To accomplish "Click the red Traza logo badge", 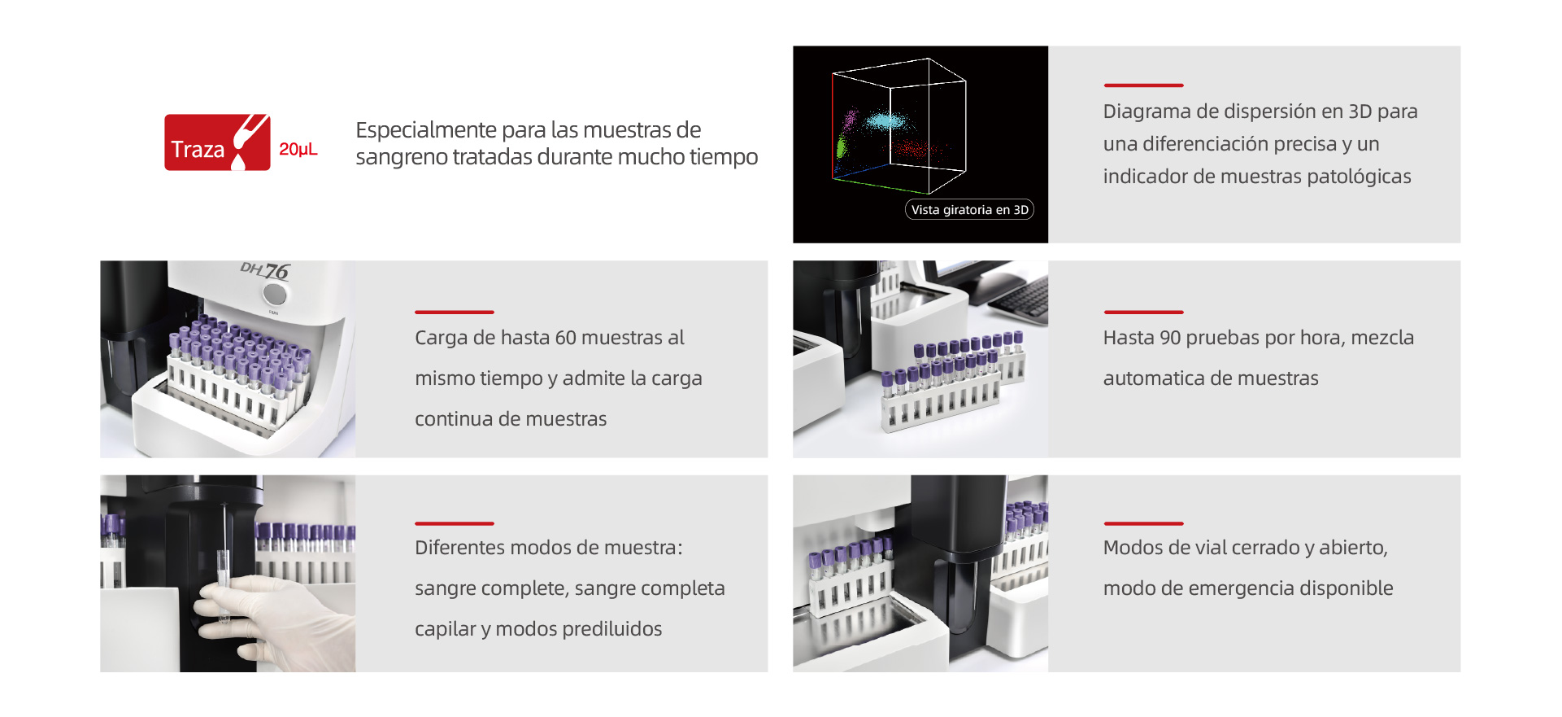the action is (x=217, y=142).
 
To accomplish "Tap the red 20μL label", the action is (x=298, y=150).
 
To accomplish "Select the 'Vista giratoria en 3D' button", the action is (x=969, y=209).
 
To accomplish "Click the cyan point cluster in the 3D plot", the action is (x=886, y=122).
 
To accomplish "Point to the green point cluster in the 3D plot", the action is (x=842, y=147).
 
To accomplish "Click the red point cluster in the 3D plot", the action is (x=916, y=150).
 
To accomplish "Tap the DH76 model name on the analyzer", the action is (x=265, y=270).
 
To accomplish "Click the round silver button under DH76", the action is (x=276, y=293).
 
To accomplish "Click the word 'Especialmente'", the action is (x=426, y=130).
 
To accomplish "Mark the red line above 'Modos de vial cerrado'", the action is (x=1143, y=523).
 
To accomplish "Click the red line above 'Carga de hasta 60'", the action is (x=455, y=312).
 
